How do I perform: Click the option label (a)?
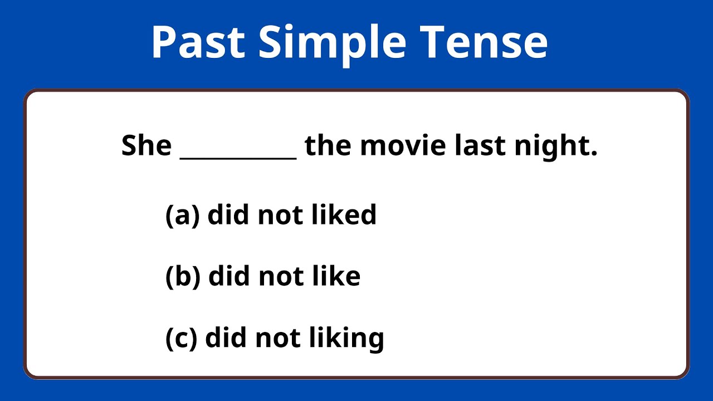point(182,216)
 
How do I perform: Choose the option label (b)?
point(183,277)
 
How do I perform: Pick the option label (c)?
point(182,338)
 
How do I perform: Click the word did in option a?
point(229,215)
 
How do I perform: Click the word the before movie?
point(329,146)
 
